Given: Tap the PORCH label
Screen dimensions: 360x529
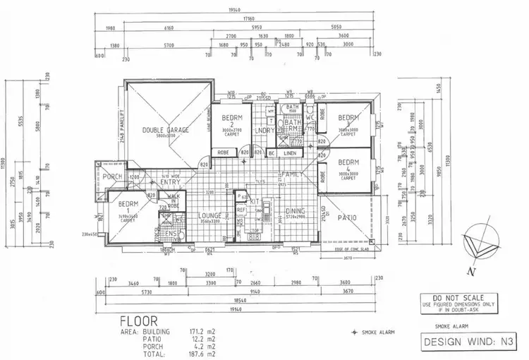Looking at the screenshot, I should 113,176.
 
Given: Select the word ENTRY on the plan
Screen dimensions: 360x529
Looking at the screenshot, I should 170,182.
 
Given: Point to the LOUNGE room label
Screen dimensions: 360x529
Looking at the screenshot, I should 209,215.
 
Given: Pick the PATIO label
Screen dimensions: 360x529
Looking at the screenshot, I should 346,217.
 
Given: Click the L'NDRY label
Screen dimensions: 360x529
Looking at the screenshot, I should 265,130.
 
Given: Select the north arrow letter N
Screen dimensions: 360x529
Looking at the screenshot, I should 468,270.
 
